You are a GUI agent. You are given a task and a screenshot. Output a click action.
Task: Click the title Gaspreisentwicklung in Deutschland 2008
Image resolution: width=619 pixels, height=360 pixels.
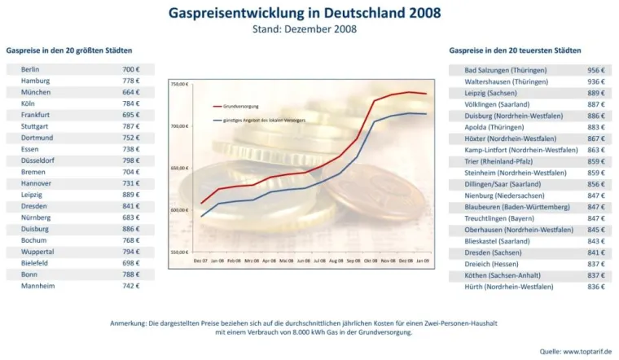coord(305,13)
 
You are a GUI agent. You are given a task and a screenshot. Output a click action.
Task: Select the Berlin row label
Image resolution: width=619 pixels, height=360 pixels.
coord(31,70)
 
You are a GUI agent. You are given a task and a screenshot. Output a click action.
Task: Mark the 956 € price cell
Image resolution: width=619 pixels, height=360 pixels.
coord(595,70)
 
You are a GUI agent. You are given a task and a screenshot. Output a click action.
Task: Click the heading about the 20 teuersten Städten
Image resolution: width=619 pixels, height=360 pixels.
coord(515,50)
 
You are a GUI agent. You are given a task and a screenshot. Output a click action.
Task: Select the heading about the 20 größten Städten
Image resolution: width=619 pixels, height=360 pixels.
coord(69,50)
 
